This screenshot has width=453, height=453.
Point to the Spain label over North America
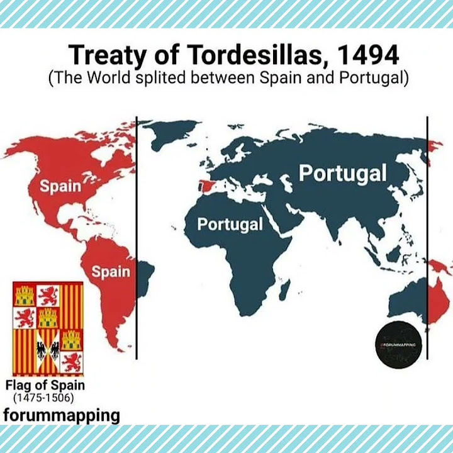coord(60,186)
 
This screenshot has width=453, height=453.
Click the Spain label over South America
coord(111,272)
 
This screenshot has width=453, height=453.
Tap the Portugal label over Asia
coord(342,173)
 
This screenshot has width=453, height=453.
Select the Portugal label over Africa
coord(230,224)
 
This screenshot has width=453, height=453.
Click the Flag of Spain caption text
coord(45,385)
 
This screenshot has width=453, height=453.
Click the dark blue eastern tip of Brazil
coord(145,272)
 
